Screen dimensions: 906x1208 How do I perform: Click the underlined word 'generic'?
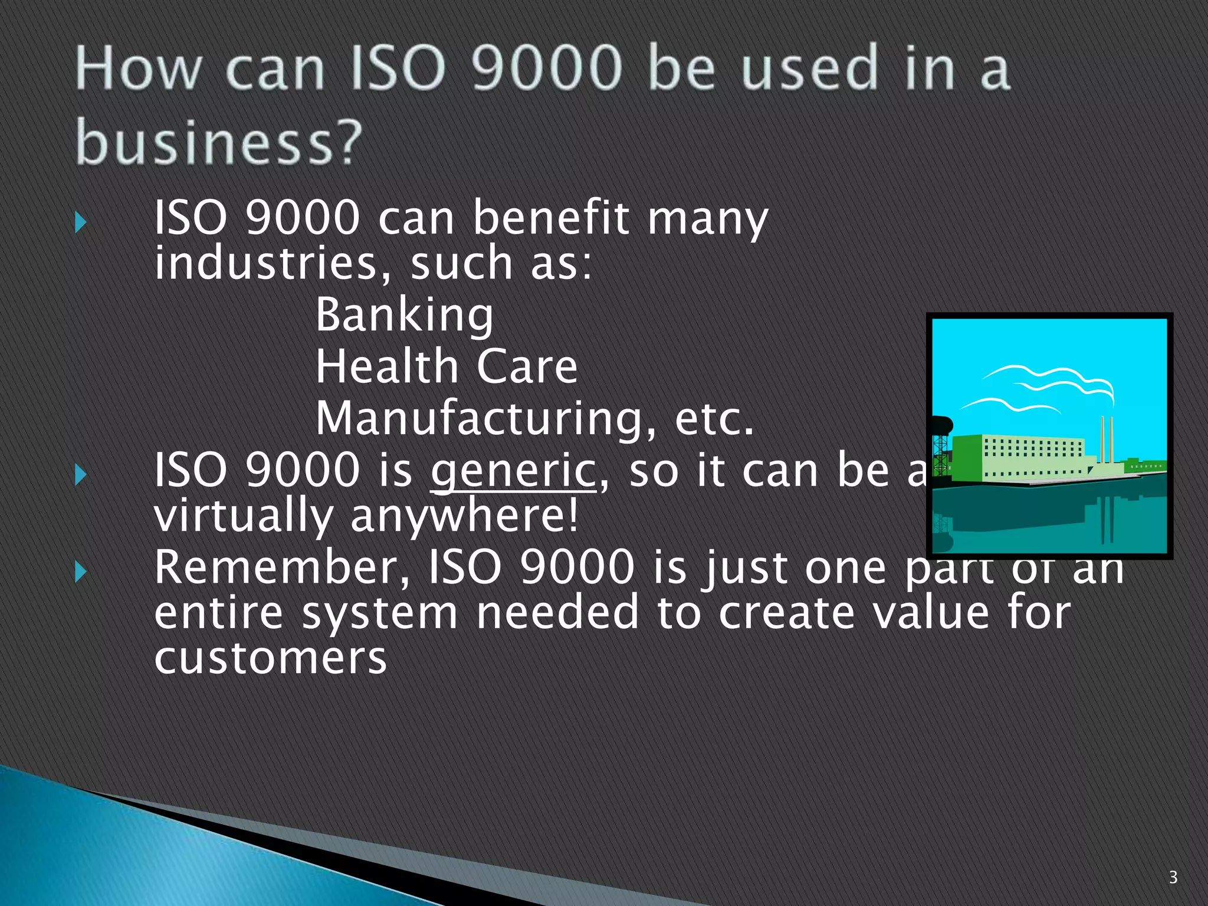click(513, 472)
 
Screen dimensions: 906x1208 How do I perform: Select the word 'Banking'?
click(405, 316)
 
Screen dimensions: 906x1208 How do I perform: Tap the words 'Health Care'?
click(447, 367)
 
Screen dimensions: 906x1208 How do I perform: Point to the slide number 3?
click(1173, 877)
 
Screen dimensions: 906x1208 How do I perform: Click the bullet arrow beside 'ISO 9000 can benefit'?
click(81, 223)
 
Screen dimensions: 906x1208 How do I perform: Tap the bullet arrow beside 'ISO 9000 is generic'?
click(81, 475)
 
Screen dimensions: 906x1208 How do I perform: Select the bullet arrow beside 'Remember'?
click(81, 572)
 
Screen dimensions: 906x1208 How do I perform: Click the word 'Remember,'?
click(282, 567)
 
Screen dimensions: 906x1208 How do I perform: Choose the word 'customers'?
click(270, 658)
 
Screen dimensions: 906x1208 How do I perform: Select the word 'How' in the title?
click(138, 70)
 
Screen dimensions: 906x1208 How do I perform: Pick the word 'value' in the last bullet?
click(930, 613)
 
